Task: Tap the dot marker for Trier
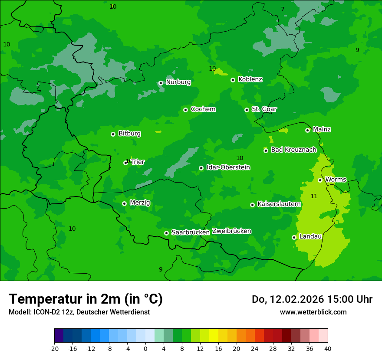point(125,163)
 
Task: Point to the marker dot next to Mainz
point(307,130)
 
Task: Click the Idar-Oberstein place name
point(228,167)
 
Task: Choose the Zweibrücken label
point(231,231)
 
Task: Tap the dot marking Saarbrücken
point(166,233)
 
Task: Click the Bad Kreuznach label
point(293,150)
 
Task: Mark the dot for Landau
point(294,237)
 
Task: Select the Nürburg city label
point(178,82)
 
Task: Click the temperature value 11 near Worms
point(314,196)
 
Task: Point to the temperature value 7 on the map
point(283,10)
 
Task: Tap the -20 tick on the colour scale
point(54,348)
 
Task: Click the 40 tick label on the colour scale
point(328,348)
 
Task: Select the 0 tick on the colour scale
point(145,348)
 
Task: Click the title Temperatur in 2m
point(86,299)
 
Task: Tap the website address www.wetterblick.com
point(313,312)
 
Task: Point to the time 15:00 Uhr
point(342,299)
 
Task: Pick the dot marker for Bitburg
point(113,134)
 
